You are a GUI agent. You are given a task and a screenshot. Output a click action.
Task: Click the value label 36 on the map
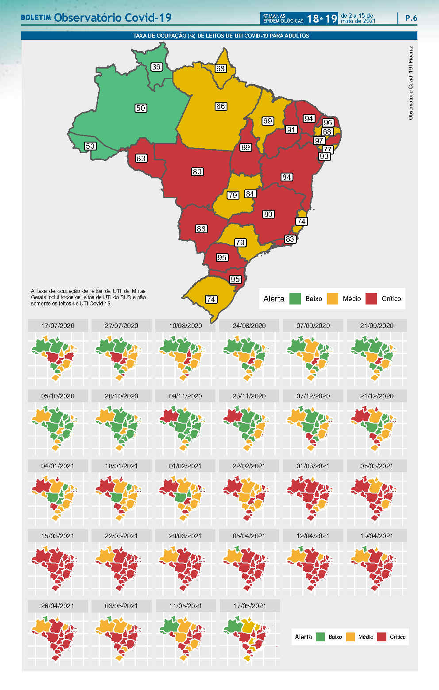click(156, 67)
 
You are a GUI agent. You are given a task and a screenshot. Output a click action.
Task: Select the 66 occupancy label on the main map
click(221, 106)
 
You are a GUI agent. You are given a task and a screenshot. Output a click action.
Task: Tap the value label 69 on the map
click(267, 121)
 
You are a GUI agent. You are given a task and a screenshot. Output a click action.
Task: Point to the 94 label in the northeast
click(309, 119)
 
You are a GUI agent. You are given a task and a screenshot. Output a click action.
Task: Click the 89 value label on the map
click(246, 147)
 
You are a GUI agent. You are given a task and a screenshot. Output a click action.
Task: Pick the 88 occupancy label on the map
click(201, 229)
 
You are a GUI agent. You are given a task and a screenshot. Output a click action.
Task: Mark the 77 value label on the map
click(327, 149)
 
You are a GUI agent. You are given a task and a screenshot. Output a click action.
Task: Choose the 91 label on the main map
click(291, 130)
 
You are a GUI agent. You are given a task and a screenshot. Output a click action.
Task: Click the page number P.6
click(411, 18)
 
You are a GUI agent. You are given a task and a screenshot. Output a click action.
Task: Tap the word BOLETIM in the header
click(36, 18)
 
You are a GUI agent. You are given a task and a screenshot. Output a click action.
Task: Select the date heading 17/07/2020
click(58, 326)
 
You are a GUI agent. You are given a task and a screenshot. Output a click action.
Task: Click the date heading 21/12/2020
click(377, 396)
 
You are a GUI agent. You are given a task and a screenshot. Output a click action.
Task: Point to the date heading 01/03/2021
click(313, 466)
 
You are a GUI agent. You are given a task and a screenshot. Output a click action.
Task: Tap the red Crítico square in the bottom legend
click(381, 637)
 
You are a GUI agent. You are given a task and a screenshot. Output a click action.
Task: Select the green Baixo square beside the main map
click(295, 299)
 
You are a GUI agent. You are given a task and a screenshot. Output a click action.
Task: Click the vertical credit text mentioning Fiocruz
click(411, 83)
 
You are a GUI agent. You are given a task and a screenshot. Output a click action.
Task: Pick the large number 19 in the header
click(331, 18)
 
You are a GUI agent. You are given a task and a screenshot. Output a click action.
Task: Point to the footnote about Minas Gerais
click(89, 297)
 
